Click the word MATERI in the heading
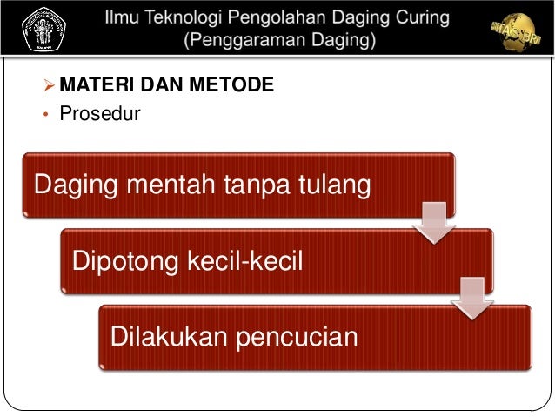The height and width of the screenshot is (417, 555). [93, 84]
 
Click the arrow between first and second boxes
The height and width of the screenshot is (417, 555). [433, 224]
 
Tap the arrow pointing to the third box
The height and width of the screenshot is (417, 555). [471, 299]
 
